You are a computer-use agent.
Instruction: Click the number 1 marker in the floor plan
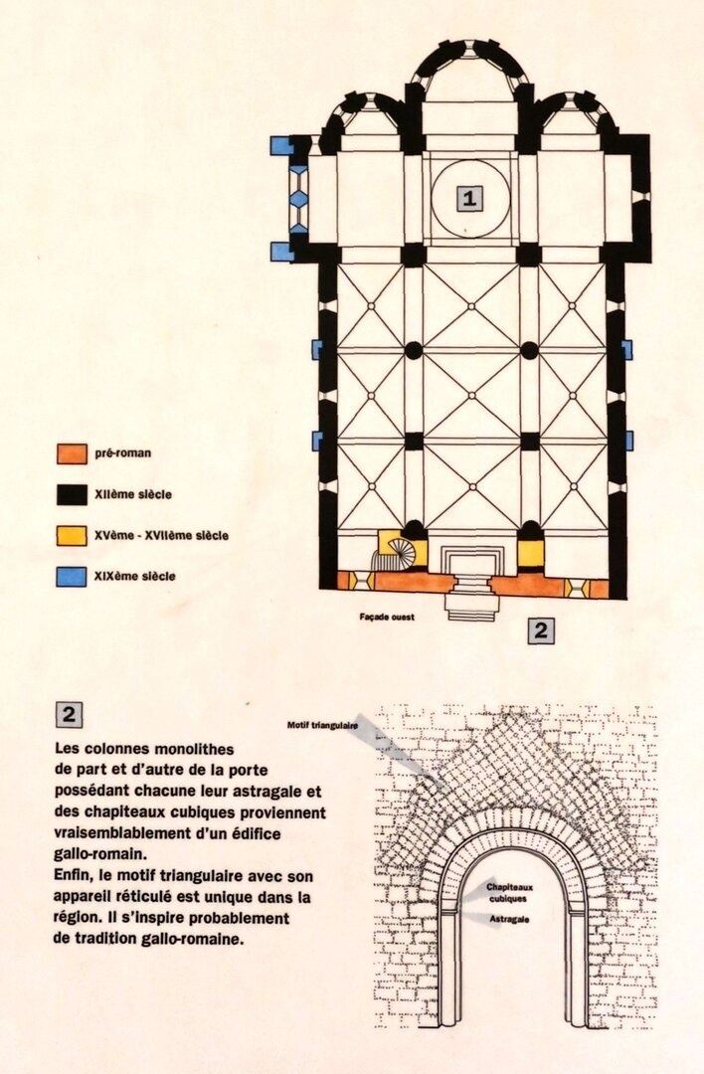pos(469,197)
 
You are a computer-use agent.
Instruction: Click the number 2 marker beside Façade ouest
pos(541,630)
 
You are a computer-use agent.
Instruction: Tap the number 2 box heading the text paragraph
pos(70,714)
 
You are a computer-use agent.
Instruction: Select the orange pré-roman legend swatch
pos(71,453)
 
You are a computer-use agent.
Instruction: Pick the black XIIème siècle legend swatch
pos(71,493)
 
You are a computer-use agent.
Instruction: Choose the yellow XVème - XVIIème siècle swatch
pos(71,535)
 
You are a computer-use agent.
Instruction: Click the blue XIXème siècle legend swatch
pos(71,576)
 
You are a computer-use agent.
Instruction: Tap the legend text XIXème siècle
pos(137,576)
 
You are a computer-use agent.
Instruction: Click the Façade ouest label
pos(387,617)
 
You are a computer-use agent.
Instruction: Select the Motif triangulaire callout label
pos(322,724)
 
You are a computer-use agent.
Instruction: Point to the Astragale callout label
pos(509,920)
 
